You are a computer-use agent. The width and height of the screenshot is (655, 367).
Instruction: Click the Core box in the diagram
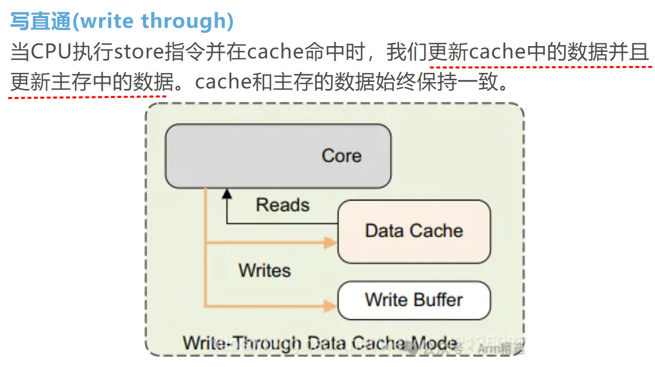tap(278, 156)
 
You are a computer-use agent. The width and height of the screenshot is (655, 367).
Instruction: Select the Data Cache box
tap(414, 231)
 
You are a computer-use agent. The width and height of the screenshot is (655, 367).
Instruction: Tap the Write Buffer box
tap(414, 300)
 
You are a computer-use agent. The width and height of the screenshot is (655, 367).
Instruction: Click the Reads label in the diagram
tap(283, 205)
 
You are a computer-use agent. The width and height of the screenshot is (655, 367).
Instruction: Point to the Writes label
tap(265, 270)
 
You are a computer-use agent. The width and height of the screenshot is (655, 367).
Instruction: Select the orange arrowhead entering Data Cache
tap(330, 243)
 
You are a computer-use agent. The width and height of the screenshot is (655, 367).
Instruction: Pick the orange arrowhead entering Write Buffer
tap(330, 306)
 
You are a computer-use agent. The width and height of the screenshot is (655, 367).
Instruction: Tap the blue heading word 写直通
tap(41, 21)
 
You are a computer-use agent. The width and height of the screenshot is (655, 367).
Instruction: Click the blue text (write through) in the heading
tap(153, 21)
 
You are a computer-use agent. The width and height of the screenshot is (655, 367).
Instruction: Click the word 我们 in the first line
tap(407, 53)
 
